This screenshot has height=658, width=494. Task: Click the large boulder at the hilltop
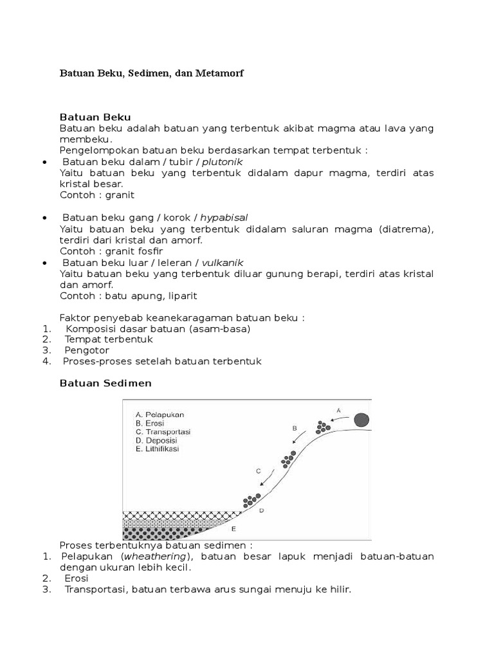(x=362, y=420)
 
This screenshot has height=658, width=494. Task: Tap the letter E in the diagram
(x=233, y=529)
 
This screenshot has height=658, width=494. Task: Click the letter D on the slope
(x=261, y=510)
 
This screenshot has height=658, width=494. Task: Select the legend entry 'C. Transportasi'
(x=163, y=432)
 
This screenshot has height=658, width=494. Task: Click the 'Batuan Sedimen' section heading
(x=105, y=383)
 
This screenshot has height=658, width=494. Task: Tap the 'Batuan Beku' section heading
(x=95, y=117)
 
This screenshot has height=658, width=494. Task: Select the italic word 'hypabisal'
(x=224, y=217)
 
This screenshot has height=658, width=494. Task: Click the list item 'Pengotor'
(x=87, y=350)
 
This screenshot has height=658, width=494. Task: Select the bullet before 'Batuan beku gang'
(x=43, y=218)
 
